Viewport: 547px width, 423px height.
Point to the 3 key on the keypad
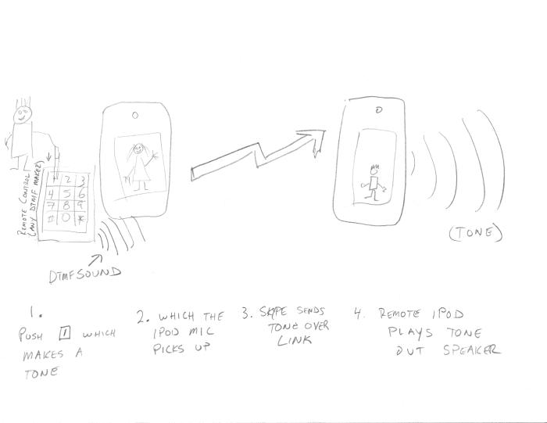click(83, 179)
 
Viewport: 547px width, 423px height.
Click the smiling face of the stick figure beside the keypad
click(23, 114)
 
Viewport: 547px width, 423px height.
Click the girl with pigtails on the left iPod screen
click(141, 167)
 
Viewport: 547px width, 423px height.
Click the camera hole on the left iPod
click(136, 116)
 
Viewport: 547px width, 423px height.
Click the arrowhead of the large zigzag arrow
click(316, 141)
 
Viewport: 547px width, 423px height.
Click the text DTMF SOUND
click(82, 273)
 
